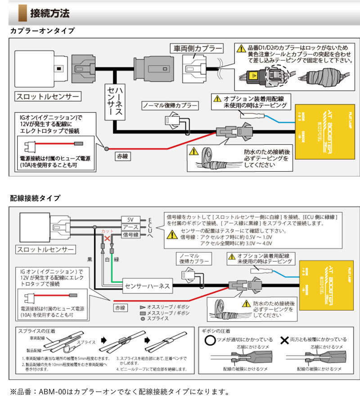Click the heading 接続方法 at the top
coord(49,13)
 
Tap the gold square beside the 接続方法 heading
coord(22,13)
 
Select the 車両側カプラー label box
coord(196,48)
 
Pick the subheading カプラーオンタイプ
coord(42,31)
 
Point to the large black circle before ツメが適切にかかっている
coord(209,340)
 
